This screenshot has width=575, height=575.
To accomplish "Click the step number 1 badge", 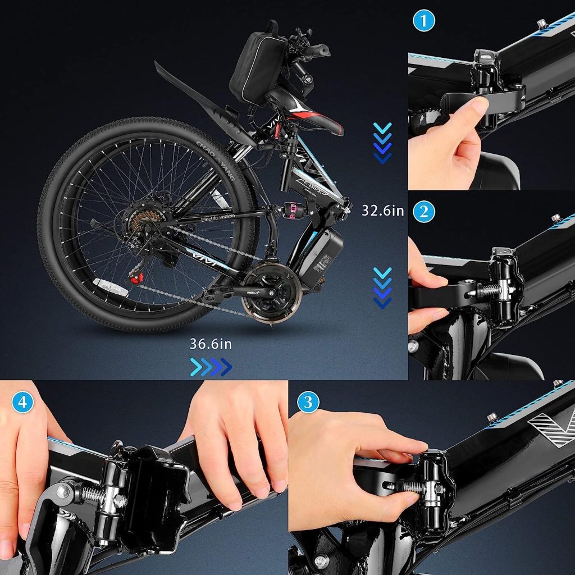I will click(x=425, y=21).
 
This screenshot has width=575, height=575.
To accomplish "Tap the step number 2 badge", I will click(x=424, y=212).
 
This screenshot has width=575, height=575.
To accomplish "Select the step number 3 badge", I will click(x=308, y=402).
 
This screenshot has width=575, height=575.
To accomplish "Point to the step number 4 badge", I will click(x=22, y=403).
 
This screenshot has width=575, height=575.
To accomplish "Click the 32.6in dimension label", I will click(x=383, y=211).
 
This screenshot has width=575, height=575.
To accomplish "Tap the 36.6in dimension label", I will click(x=211, y=344).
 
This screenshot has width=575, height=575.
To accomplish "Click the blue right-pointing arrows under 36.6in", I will click(x=211, y=367).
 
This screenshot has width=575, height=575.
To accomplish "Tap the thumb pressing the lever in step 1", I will click(x=473, y=109).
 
